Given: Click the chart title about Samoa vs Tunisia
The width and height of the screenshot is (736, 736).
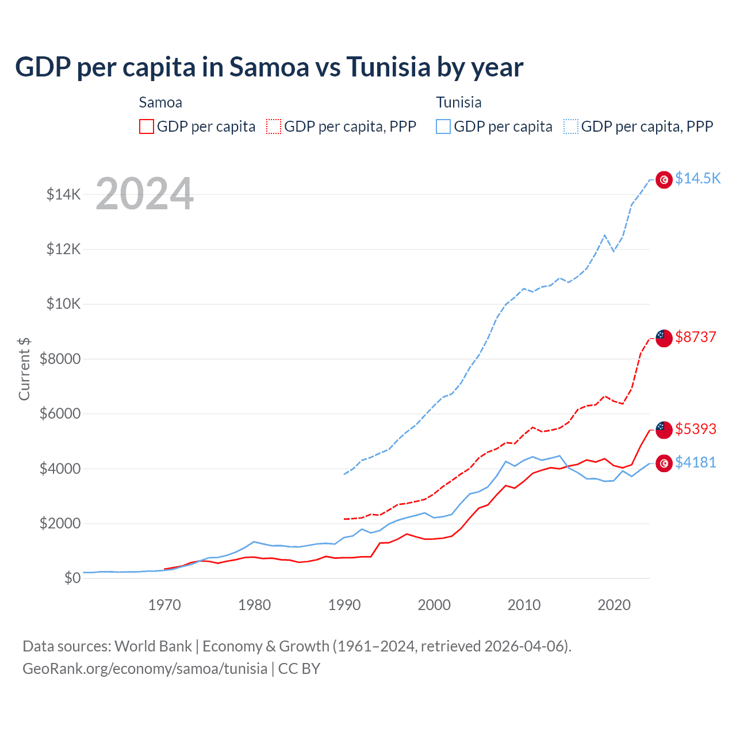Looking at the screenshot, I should click(x=269, y=67).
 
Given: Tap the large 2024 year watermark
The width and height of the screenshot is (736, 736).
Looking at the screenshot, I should click(x=144, y=194).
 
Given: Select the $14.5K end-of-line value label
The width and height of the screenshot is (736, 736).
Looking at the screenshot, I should click(x=697, y=178).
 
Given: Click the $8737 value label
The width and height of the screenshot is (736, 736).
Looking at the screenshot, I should click(x=695, y=337).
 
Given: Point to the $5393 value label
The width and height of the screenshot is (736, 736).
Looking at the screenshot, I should click(x=695, y=429).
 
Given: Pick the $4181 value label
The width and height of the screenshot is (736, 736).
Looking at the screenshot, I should click(x=695, y=462).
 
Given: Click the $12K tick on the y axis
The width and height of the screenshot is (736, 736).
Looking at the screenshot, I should click(x=64, y=249).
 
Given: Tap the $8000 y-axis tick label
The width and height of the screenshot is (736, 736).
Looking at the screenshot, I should click(x=60, y=359).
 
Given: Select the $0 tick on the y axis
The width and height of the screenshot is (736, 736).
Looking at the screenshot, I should click(x=72, y=578).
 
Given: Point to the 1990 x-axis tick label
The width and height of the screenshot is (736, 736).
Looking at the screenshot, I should click(x=344, y=605).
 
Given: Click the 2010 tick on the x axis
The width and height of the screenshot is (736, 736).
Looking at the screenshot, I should click(x=524, y=605).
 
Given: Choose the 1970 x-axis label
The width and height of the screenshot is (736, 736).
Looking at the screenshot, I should click(x=164, y=605).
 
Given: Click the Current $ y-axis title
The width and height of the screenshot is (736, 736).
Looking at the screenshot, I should click(x=24, y=369).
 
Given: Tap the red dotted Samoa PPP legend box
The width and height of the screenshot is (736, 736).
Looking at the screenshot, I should click(x=274, y=126).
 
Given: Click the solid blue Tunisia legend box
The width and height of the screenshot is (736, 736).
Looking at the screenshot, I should click(x=443, y=126).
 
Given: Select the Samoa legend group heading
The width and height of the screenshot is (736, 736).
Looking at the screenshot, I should click(x=160, y=102).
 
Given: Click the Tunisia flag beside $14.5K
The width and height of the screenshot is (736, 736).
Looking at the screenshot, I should click(x=664, y=180).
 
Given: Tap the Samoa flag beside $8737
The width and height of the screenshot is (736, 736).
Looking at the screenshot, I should click(x=664, y=338).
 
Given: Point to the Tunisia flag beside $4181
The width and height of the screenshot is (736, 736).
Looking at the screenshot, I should click(x=664, y=463).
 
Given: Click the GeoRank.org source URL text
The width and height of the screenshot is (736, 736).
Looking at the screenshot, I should click(x=145, y=669).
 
